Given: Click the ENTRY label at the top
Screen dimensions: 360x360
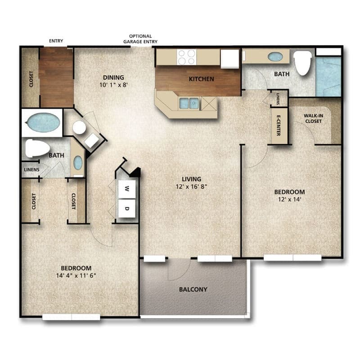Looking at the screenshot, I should click(x=56, y=41).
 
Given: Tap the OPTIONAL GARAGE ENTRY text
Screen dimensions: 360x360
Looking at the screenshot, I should click(x=140, y=39).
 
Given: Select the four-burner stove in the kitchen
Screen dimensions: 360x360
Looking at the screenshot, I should click(x=186, y=57).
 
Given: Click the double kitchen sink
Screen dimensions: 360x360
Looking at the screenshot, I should click(x=189, y=103).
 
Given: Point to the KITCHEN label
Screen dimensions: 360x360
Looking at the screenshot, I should click(x=201, y=79).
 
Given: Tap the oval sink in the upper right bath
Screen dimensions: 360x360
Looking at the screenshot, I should click(x=275, y=57).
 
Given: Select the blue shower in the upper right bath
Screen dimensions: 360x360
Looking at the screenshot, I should click(x=328, y=76).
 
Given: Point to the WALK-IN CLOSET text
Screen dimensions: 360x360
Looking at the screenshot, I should click(x=313, y=118).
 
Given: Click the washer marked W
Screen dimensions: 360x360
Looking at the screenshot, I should click(x=127, y=188).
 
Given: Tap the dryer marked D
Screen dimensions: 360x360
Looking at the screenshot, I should click(x=127, y=209).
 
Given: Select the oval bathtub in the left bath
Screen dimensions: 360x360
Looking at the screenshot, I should click(x=43, y=122).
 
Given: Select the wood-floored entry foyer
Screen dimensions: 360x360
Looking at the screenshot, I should click(x=56, y=76).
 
